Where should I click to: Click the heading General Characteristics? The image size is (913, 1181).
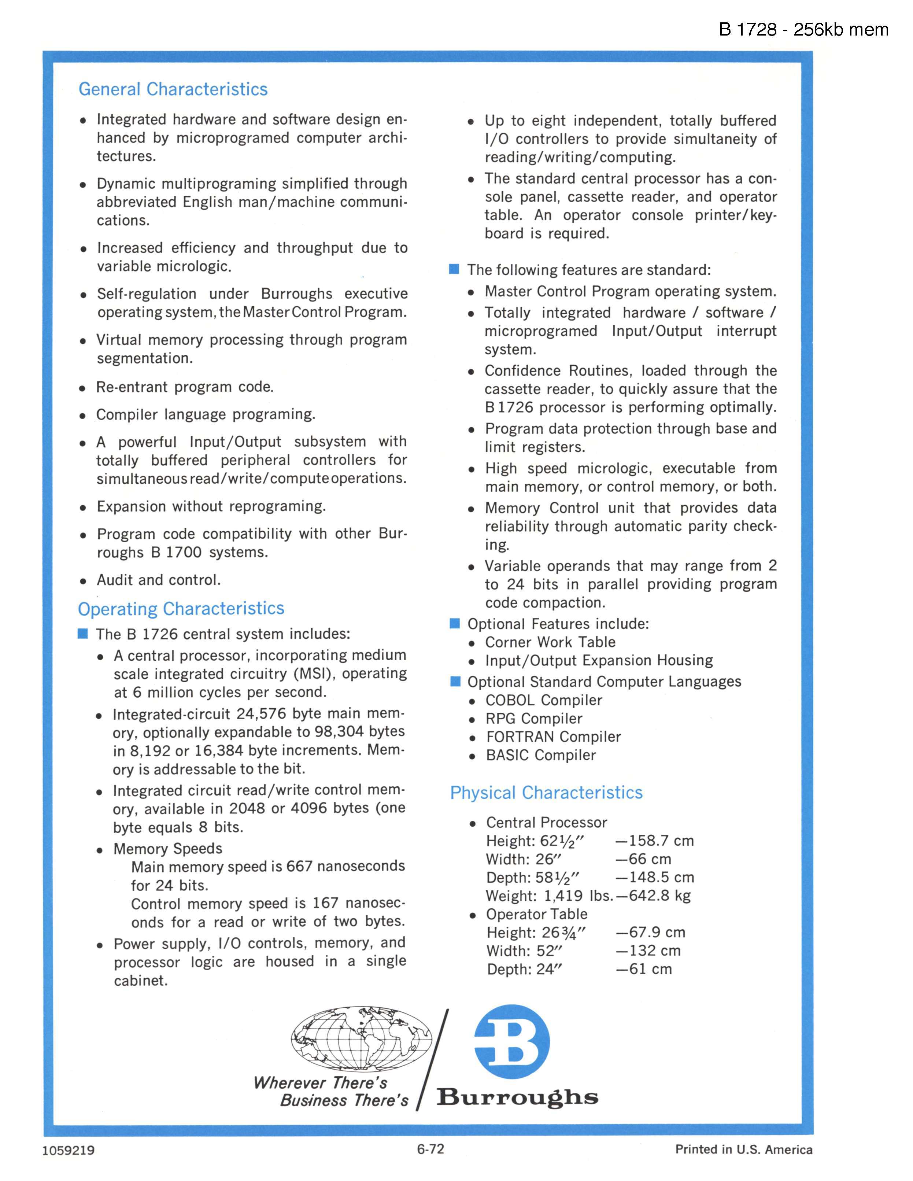pyautogui.click(x=173, y=89)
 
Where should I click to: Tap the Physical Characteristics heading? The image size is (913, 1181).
pyautogui.click(x=546, y=792)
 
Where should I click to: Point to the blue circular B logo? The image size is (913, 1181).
pyautogui.click(x=511, y=1042)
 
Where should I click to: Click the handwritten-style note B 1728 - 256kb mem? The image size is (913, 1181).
pyautogui.click(x=803, y=30)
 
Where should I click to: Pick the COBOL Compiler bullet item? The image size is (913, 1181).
pyautogui.click(x=543, y=700)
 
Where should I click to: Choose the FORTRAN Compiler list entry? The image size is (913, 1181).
pyautogui.click(x=553, y=737)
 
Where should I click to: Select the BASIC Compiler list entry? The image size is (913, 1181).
pyautogui.click(x=540, y=756)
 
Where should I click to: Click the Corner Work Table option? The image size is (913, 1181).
pyautogui.click(x=550, y=642)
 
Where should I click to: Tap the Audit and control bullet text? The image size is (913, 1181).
pyautogui.click(x=158, y=580)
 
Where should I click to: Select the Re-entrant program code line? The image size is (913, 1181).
pyautogui.click(x=185, y=387)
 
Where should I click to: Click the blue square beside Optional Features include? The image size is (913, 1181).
pyautogui.click(x=455, y=624)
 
